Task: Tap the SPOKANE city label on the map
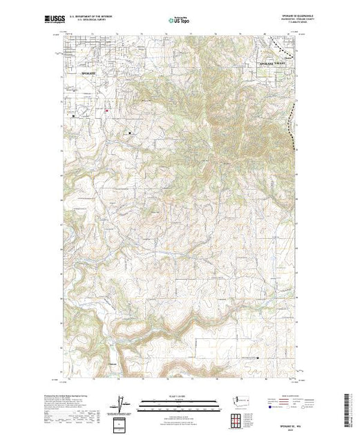pos(91,72)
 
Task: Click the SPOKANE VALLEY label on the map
pos(271,63)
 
